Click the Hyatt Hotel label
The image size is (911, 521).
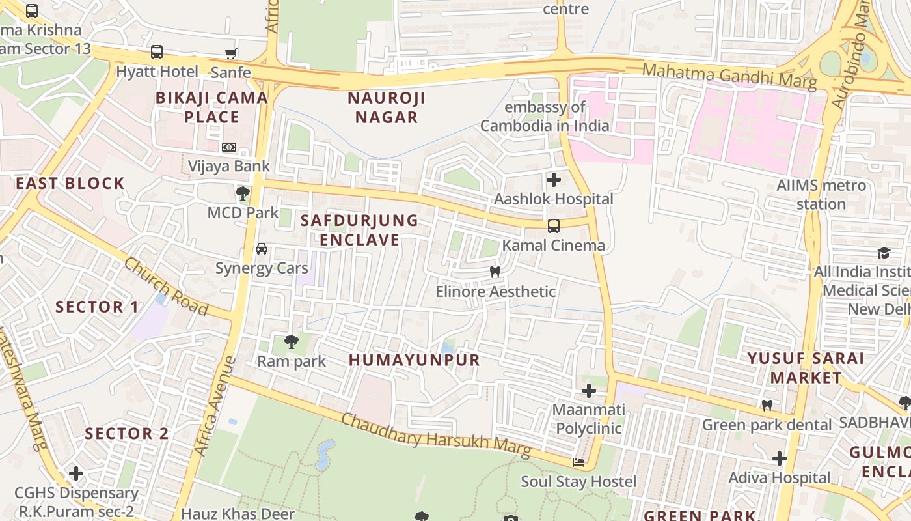[x=157, y=72]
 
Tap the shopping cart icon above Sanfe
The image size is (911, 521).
[x=230, y=53]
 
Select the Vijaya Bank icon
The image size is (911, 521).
[x=228, y=147]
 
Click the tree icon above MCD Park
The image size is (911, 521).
[x=243, y=193]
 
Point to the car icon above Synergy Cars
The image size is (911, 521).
[x=262, y=249]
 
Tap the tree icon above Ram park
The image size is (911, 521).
[x=292, y=341]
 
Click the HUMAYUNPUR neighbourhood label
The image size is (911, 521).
[x=415, y=360]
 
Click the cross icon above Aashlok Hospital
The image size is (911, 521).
[x=554, y=179]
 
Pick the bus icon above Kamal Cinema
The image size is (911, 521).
[x=554, y=226]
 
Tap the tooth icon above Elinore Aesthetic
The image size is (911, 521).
[x=495, y=272]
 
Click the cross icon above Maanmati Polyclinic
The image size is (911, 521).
[x=589, y=391]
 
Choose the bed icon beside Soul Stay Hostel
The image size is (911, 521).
[x=578, y=462]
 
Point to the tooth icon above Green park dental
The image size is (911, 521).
[x=767, y=405]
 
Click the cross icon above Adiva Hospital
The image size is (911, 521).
[x=780, y=458]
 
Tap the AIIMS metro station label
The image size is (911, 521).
[x=821, y=195]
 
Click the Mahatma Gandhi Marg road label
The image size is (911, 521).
[x=729, y=75]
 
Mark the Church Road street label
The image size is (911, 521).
[x=166, y=287]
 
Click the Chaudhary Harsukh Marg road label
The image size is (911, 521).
[x=436, y=435]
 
